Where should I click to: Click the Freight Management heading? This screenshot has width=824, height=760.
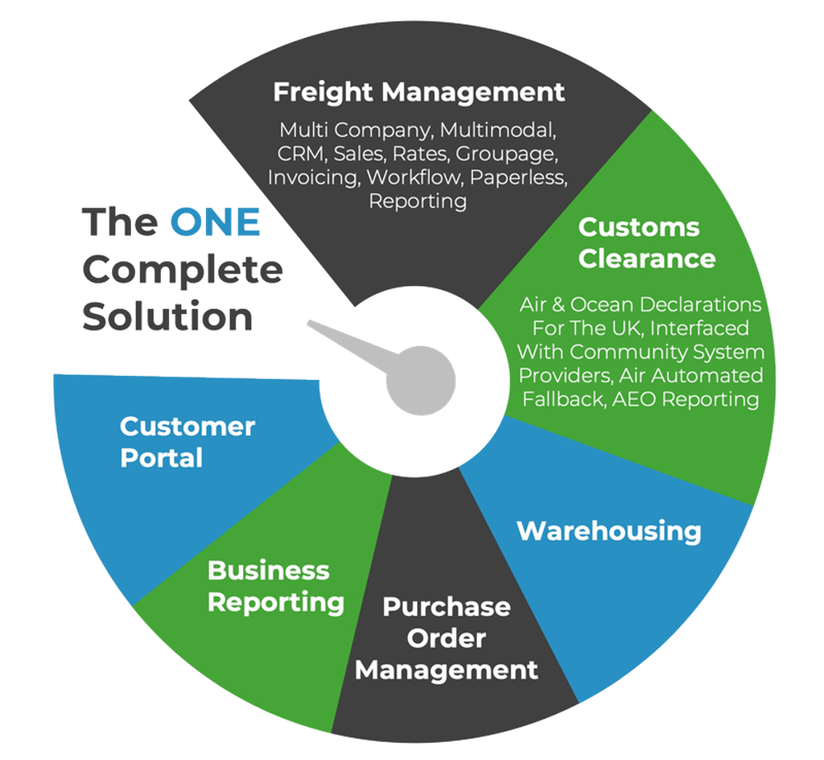pyautogui.click(x=419, y=91)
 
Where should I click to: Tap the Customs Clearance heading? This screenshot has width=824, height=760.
pyautogui.click(x=639, y=242)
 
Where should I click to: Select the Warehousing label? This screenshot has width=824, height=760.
pyautogui.click(x=609, y=531)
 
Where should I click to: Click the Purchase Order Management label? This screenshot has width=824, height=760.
pyautogui.click(x=446, y=638)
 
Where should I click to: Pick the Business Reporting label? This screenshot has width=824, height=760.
pyautogui.click(x=275, y=586)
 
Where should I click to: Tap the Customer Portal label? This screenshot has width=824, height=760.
pyautogui.click(x=187, y=442)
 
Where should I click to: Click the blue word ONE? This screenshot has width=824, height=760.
pyautogui.click(x=215, y=223)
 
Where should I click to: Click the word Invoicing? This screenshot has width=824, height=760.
pyautogui.click(x=313, y=177)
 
